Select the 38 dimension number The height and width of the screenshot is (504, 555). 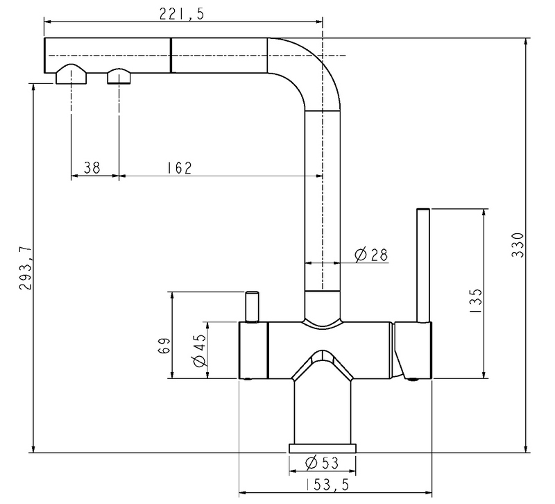92,167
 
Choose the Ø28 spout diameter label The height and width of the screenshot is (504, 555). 370,255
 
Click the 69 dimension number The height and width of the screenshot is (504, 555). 164,344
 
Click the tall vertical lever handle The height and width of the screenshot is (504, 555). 423,264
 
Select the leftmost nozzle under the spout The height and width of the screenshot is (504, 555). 71,74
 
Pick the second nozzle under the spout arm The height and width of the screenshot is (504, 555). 119,75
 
